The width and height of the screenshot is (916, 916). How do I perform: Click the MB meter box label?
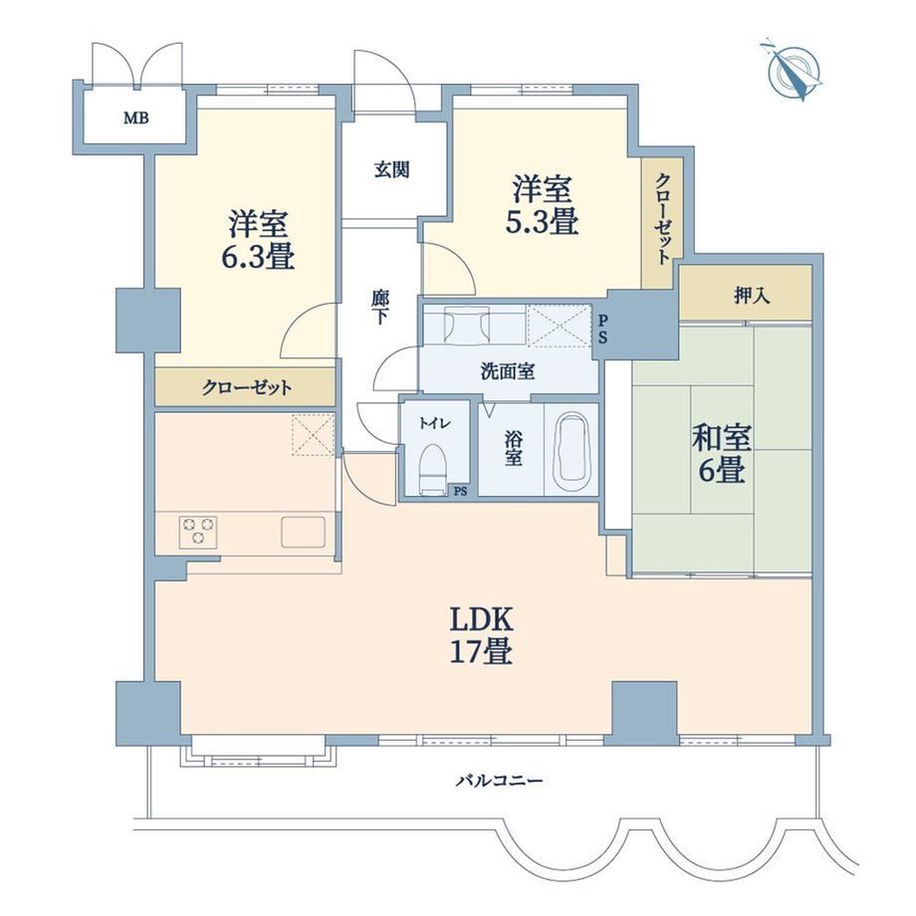coord(135,118)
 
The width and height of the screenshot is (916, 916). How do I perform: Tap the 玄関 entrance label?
coord(391,169)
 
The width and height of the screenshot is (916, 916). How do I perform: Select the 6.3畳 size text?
coord(258,257)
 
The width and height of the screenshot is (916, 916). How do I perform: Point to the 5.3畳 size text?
coord(542,221)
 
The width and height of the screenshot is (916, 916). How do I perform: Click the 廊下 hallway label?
coord(379,307)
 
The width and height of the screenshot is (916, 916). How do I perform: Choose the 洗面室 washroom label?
coord(508,371)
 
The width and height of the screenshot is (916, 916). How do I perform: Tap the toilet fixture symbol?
coord(433,469)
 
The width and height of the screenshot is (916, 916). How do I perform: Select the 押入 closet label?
coord(752,296)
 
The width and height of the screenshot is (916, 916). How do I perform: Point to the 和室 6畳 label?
coord(722,453)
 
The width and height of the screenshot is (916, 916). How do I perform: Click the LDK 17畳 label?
coord(481,635)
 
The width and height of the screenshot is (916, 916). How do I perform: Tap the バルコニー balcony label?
coord(500,780)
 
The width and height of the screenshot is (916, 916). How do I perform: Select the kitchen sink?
coord(304,532)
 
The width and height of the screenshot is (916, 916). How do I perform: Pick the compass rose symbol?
coord(794,70)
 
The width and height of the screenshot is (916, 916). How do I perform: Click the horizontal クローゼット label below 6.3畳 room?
coord(247,387)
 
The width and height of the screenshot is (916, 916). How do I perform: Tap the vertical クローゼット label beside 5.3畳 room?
coord(662,218)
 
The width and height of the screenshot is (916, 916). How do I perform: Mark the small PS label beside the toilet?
coord(460,491)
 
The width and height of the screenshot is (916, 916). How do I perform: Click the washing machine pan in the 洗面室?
coord(560,326)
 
